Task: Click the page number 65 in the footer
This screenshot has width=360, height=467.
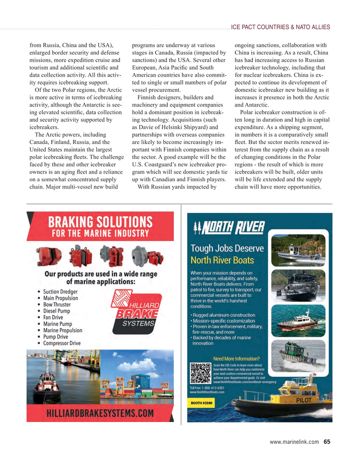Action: (x=327, y=441)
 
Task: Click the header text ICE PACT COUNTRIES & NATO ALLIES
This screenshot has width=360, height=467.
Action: (x=280, y=27)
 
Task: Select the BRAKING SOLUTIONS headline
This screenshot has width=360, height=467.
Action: (x=100, y=222)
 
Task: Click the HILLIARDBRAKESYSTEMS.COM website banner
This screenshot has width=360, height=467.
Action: (x=100, y=413)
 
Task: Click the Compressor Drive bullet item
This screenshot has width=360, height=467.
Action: (x=62, y=343)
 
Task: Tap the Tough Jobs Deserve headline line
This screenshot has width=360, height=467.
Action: (x=227, y=249)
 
